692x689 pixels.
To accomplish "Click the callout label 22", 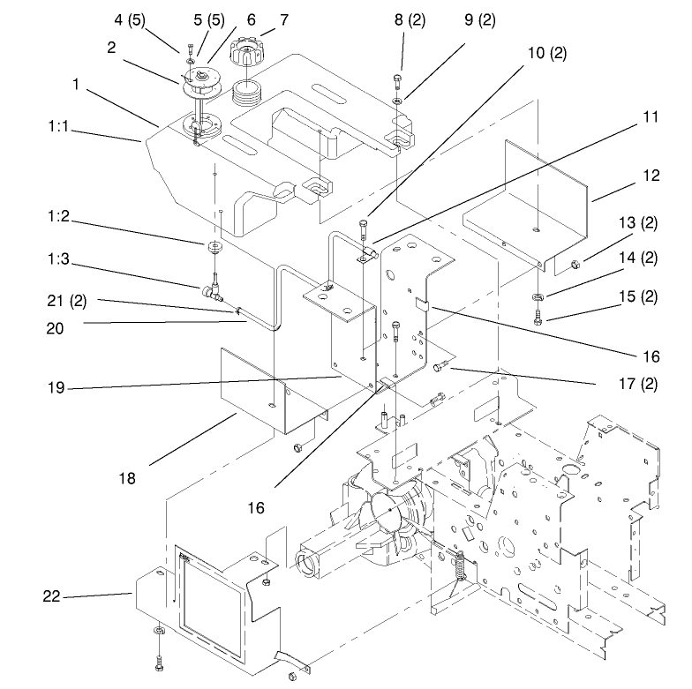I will (51, 597).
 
